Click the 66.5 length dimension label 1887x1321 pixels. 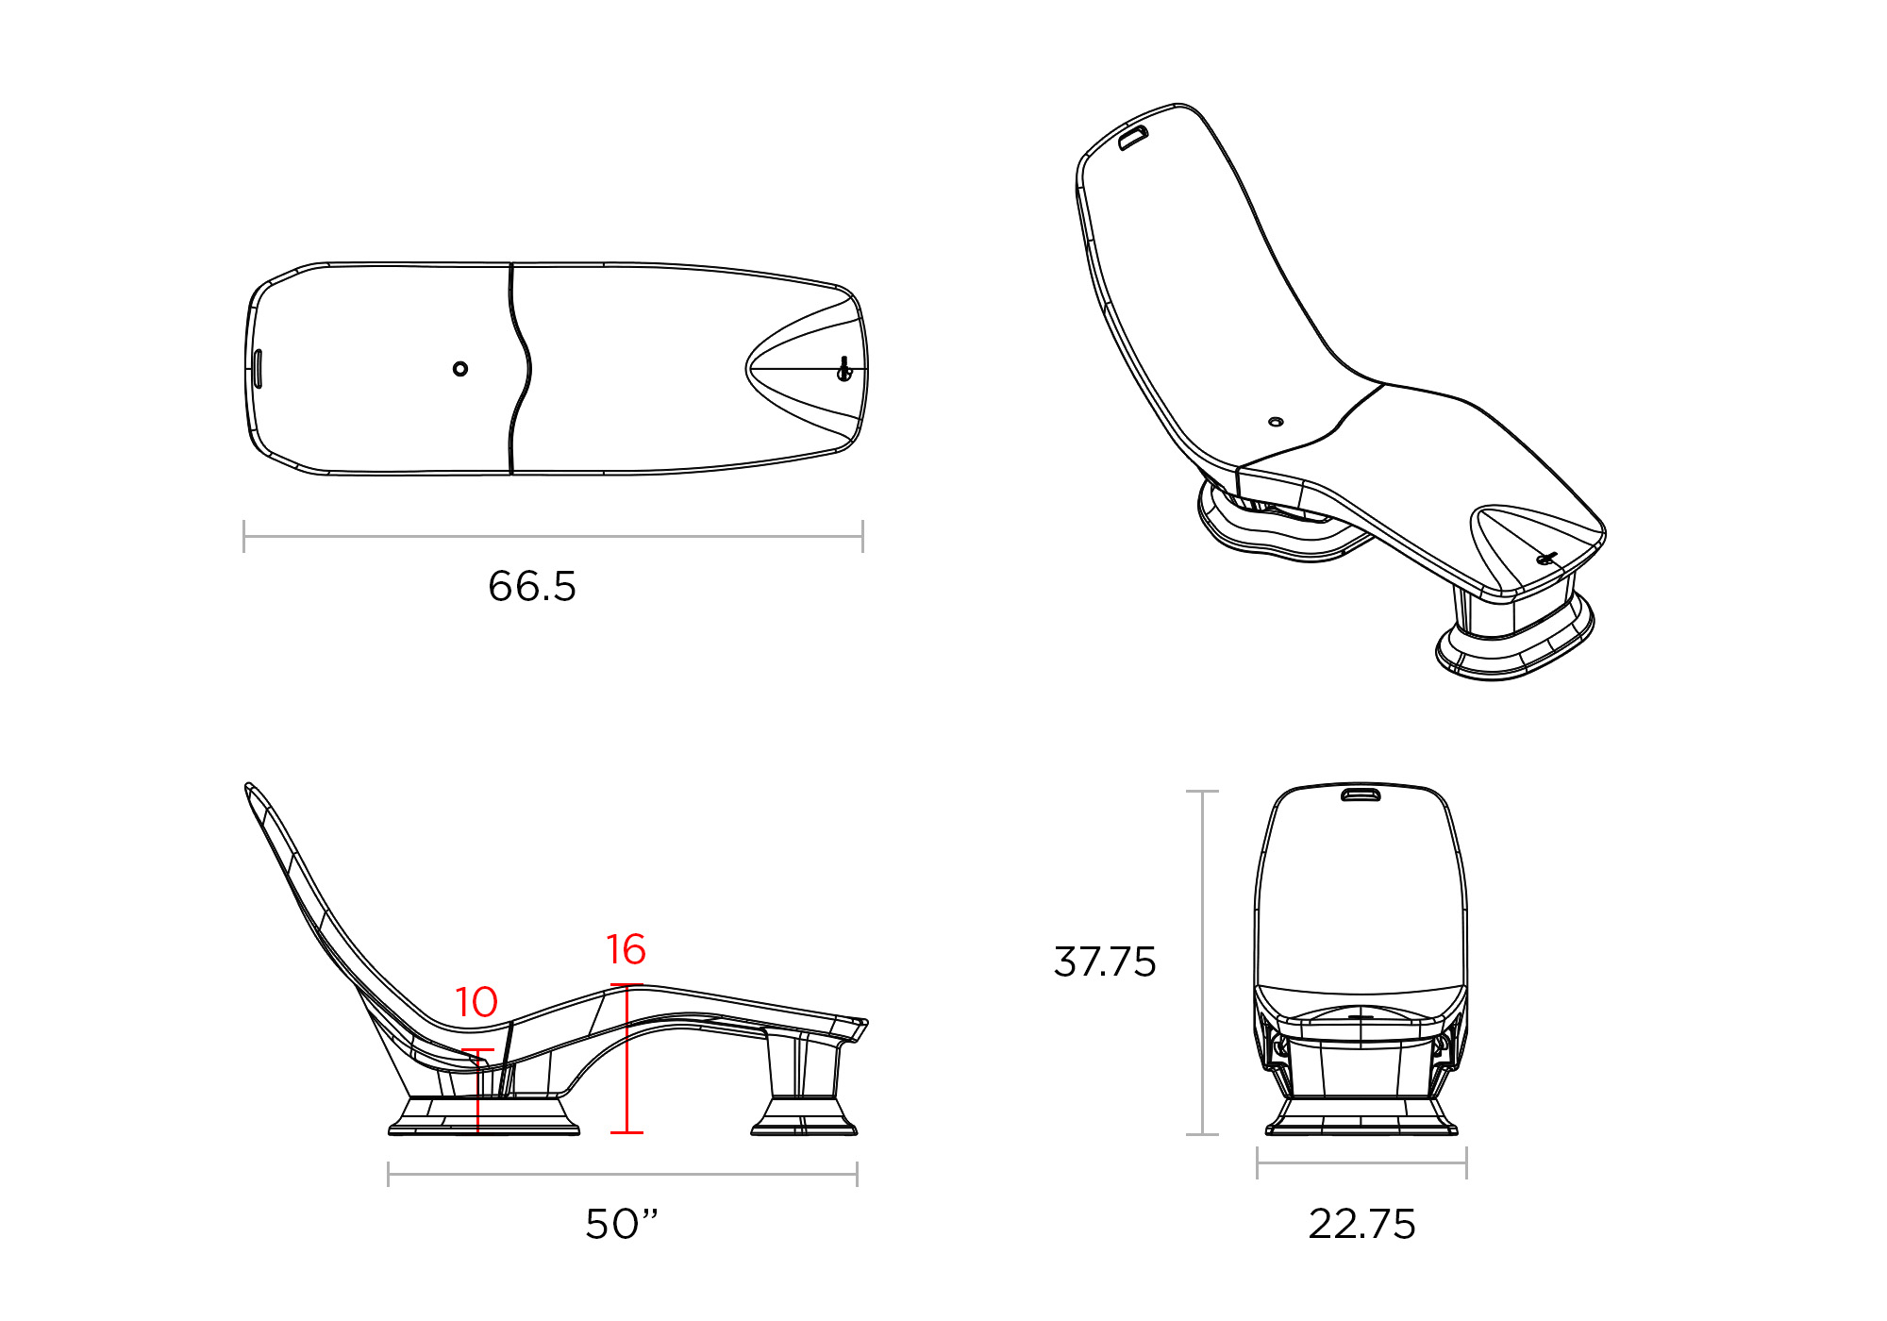[x=531, y=586]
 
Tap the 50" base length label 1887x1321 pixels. [x=621, y=1224]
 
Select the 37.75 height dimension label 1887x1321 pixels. [x=1104, y=961]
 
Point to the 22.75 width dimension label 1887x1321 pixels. [x=1361, y=1224]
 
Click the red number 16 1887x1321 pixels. [x=626, y=949]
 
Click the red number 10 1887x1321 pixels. [x=476, y=1002]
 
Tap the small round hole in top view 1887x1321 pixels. [x=460, y=368]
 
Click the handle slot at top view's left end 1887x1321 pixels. [x=258, y=368]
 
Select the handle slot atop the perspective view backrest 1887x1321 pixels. [x=1133, y=138]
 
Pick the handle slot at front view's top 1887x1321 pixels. [x=1361, y=794]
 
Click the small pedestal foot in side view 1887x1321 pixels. [x=804, y=1116]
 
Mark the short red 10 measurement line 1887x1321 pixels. [x=478, y=1090]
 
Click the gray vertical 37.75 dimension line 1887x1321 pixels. [x=1202, y=961]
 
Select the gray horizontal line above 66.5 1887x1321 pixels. [x=553, y=537]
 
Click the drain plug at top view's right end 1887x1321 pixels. [x=844, y=370]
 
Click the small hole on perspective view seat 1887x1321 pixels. [x=1276, y=422]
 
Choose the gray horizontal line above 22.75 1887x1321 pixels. [x=1361, y=1162]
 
